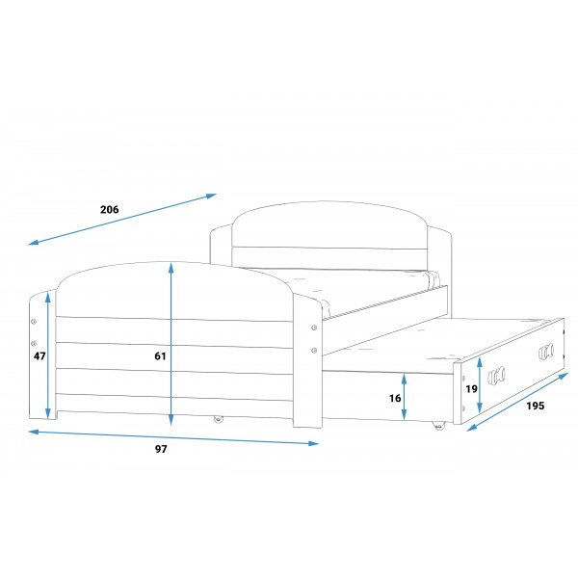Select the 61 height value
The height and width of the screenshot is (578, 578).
[160, 356]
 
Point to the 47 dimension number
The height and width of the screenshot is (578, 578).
[39, 356]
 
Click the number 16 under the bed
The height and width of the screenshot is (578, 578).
[395, 398]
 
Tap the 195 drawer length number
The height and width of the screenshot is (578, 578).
[536, 406]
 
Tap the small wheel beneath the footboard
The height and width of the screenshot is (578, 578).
[218, 419]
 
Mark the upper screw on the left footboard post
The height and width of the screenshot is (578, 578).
[34, 322]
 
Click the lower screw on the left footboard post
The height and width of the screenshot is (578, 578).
[34, 343]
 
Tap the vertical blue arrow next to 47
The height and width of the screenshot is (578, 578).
[47, 356]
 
